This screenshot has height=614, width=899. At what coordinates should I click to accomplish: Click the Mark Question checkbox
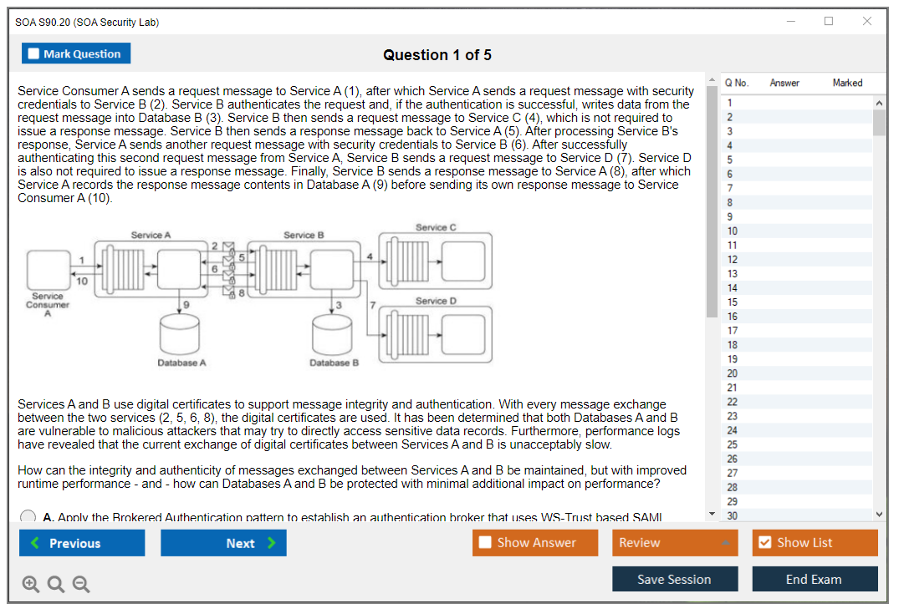click(x=34, y=54)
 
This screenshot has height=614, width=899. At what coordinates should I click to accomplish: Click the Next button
click(x=223, y=543)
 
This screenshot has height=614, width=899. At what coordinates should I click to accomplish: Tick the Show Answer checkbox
click(x=485, y=543)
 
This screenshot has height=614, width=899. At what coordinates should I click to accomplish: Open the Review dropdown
click(x=675, y=543)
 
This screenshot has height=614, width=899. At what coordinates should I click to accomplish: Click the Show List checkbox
click(x=764, y=543)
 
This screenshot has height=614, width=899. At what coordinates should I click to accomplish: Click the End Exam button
click(x=815, y=579)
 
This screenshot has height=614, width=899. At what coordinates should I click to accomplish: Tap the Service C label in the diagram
click(x=436, y=227)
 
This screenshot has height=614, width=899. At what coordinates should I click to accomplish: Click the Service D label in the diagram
click(x=436, y=301)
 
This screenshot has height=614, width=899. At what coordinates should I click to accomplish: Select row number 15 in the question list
click(x=733, y=302)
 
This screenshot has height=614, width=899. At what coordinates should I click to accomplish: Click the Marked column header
click(x=847, y=83)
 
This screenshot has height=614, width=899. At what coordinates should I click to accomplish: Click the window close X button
click(x=867, y=22)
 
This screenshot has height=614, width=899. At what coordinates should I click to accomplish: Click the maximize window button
click(x=829, y=22)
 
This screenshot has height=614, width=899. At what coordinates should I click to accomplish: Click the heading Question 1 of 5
click(x=437, y=55)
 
